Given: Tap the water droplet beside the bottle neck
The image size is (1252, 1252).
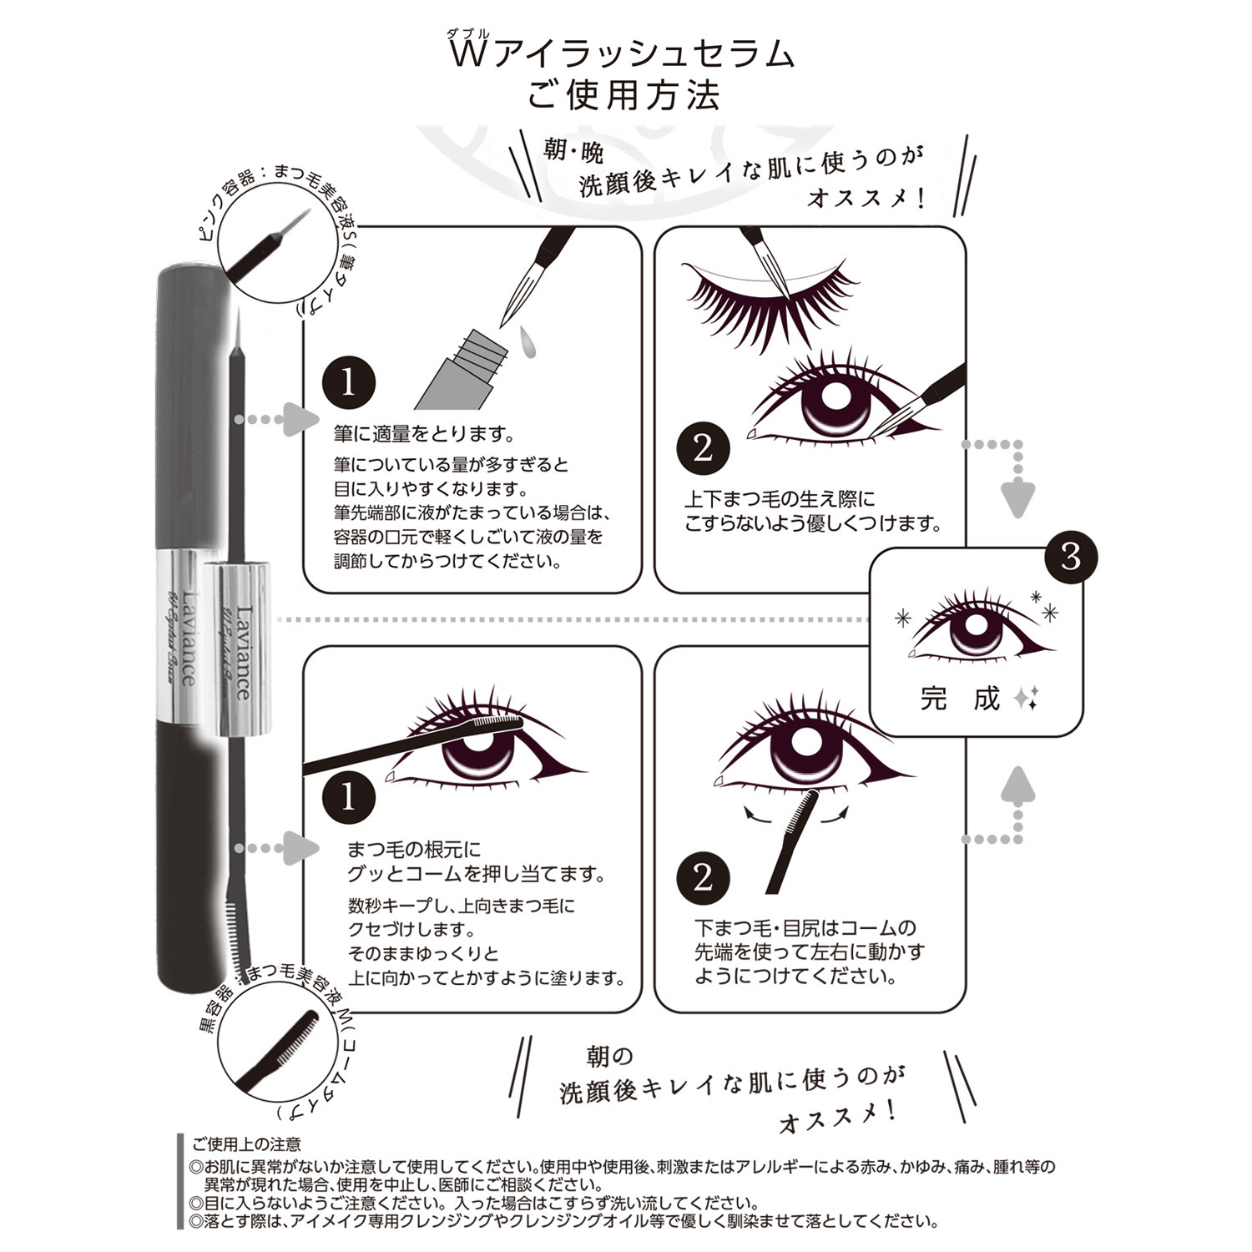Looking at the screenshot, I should click(x=528, y=341).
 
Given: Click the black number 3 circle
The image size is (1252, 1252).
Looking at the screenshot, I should click(x=1071, y=558).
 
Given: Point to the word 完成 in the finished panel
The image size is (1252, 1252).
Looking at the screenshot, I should click(x=960, y=699).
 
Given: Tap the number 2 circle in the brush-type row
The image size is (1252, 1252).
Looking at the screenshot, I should click(x=703, y=448).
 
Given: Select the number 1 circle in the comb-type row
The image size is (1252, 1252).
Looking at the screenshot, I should click(x=348, y=798).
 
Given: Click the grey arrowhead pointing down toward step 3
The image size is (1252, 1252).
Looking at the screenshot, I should click(x=1017, y=498).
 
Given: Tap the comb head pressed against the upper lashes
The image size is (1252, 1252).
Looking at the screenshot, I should click(x=497, y=723).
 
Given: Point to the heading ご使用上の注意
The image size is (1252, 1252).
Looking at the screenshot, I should click(x=247, y=1144).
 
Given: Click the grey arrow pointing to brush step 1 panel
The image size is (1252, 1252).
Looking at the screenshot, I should click(x=300, y=418).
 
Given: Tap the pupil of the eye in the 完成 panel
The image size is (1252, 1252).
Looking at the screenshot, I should click(x=974, y=628).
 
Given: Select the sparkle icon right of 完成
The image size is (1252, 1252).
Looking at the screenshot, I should click(x=1026, y=699).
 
